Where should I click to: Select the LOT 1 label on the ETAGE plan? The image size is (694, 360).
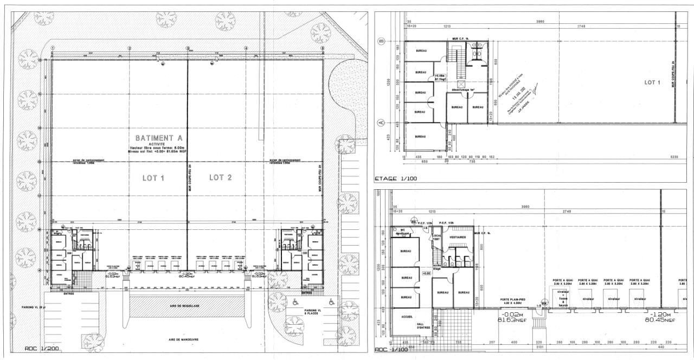(x=652, y=82)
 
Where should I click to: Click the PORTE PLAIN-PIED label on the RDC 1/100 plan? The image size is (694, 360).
(x=513, y=300)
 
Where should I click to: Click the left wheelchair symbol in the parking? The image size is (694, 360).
(x=295, y=302)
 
